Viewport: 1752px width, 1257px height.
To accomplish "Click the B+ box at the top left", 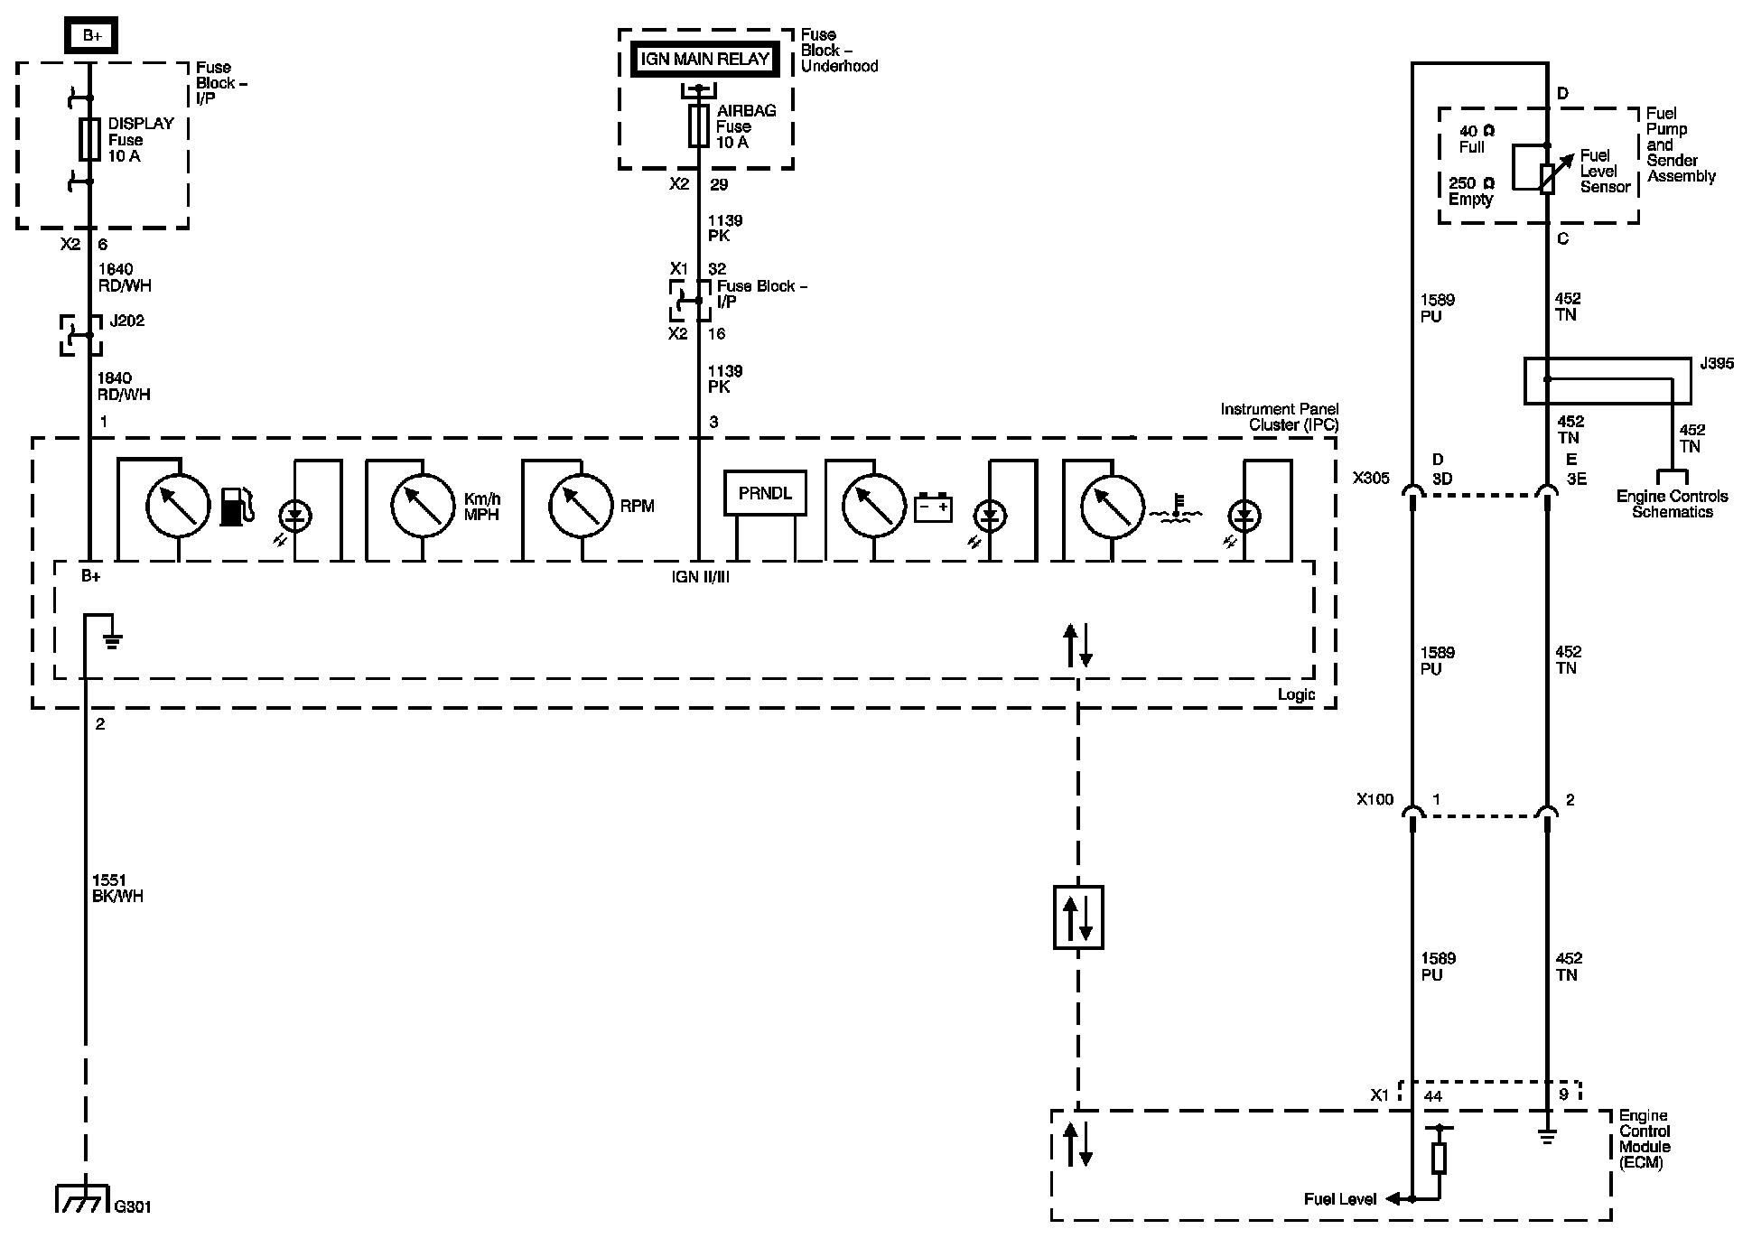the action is coord(91,36).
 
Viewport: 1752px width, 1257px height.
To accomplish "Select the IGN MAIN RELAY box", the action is coord(704,60).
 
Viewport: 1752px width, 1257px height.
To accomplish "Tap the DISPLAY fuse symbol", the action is coord(89,140).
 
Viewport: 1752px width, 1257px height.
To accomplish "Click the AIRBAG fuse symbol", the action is coord(698,126).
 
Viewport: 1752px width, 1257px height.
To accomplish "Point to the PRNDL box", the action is coord(765,494).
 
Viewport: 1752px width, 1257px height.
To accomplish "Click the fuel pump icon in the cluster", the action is coord(237,507).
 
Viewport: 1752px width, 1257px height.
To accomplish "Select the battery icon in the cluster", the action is coord(933,507).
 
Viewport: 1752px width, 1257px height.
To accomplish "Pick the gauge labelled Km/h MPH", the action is coord(423,507).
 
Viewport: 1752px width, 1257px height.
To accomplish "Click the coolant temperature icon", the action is coord(1174,512).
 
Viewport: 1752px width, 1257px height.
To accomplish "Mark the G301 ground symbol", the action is coord(84,1199).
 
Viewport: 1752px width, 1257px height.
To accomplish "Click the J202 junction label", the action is coord(126,321).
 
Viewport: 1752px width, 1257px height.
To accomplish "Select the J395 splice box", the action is coord(1608,380).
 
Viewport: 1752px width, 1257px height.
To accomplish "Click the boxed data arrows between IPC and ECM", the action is coord(1078,917).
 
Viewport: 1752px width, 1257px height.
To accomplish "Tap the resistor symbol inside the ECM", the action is coord(1440,1158).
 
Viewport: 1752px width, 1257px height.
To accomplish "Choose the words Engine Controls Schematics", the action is coord(1673,504).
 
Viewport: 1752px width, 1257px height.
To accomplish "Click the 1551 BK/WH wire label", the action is coord(117,889).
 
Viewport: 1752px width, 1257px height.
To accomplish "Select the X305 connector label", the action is coord(1371,478).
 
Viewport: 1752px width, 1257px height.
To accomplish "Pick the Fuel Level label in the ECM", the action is coord(1340,1199).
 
